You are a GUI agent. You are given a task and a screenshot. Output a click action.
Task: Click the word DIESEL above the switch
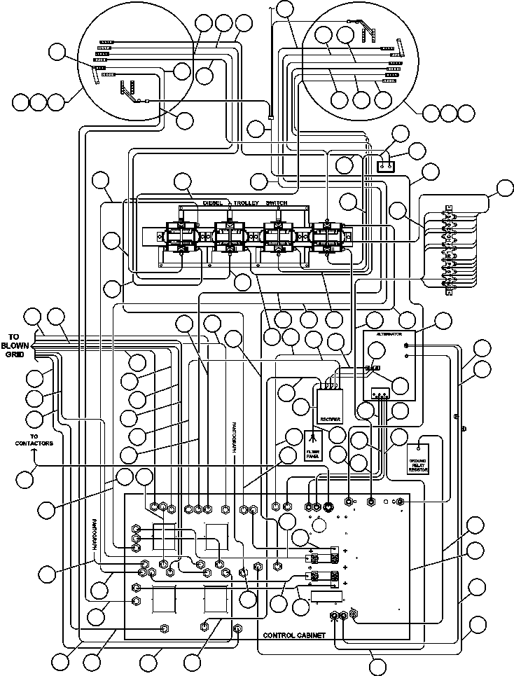(213, 203)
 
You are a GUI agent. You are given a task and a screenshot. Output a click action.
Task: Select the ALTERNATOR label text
(389, 336)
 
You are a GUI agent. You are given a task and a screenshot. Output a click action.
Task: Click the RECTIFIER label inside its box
(330, 419)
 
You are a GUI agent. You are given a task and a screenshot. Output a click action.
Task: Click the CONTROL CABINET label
(293, 635)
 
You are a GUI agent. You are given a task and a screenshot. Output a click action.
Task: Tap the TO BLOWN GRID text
(15, 345)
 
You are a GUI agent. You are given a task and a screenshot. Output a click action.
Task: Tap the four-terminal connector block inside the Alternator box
(381, 394)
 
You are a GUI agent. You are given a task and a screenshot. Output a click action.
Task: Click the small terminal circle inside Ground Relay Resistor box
(418, 446)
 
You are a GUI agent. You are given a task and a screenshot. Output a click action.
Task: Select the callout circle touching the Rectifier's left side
(302, 406)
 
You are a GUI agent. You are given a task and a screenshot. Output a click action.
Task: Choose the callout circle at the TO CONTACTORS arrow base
(25, 480)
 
